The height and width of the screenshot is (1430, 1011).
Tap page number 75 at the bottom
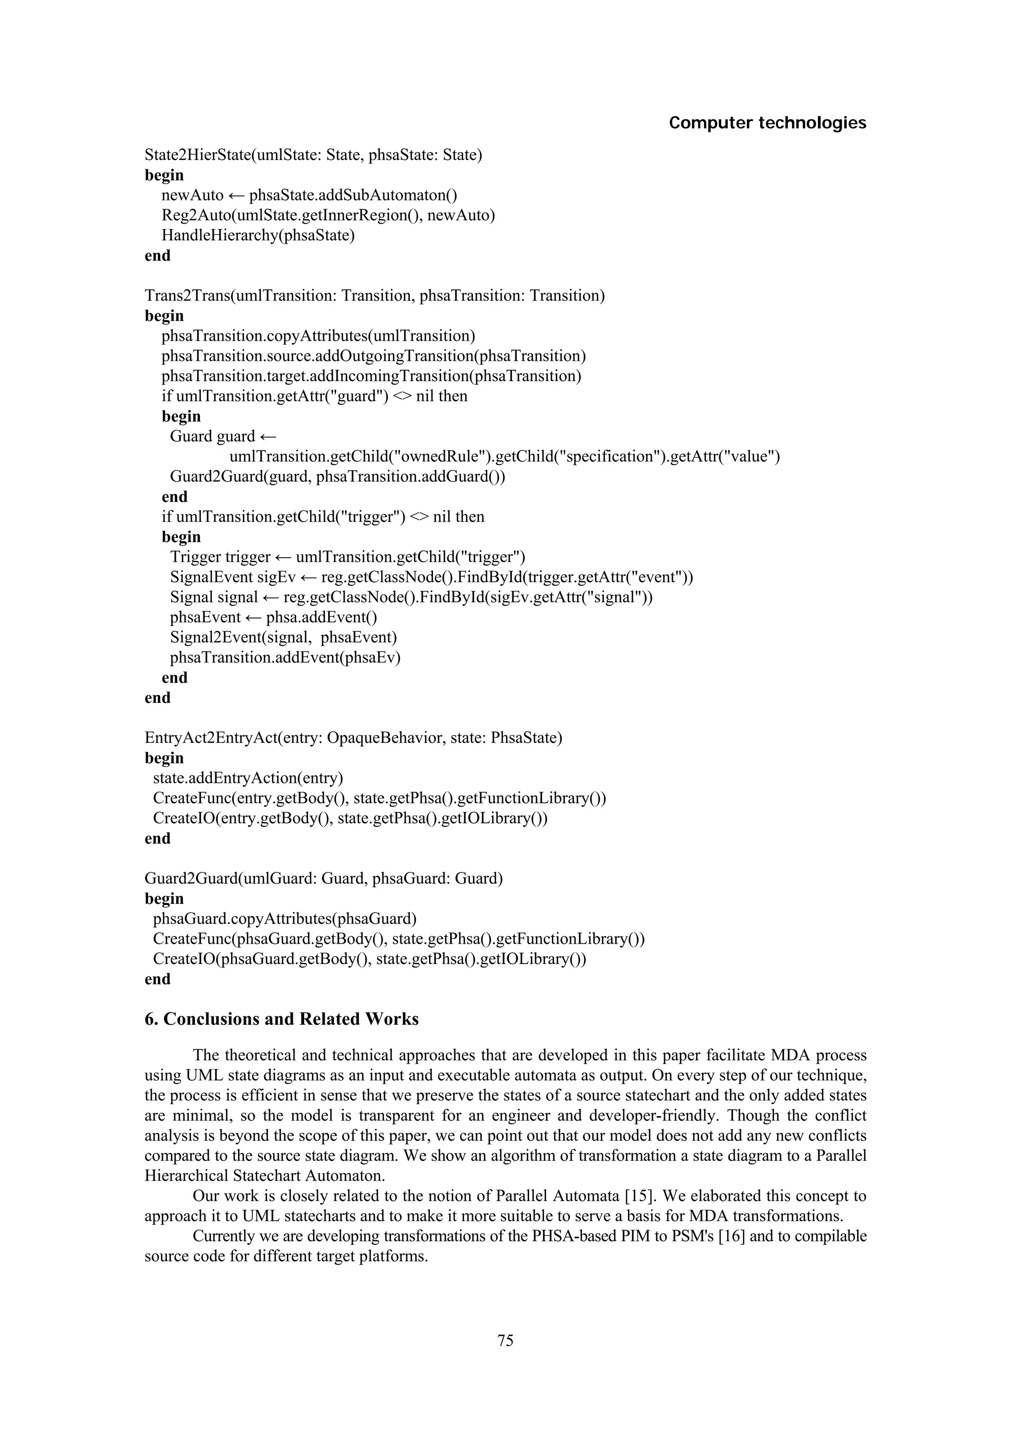coord(505,1340)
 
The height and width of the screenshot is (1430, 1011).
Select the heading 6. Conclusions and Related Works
coord(281,1019)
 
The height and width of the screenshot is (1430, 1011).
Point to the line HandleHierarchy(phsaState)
coord(258,235)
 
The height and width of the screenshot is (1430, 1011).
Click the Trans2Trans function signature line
coord(374,295)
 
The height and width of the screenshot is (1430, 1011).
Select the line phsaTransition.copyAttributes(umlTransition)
coord(318,336)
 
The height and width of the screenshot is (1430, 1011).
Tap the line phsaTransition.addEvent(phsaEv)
coord(285,657)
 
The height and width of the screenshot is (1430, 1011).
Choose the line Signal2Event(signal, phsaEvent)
coord(283,637)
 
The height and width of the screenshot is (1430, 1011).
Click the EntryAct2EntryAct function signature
coord(353,738)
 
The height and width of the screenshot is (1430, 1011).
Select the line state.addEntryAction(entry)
coord(248,778)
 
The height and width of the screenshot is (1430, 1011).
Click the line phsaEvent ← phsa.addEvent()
coord(273,617)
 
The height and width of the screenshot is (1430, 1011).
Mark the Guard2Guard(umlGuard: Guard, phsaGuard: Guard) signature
coord(323,878)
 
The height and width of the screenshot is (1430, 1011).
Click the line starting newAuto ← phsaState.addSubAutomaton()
coord(309,195)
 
